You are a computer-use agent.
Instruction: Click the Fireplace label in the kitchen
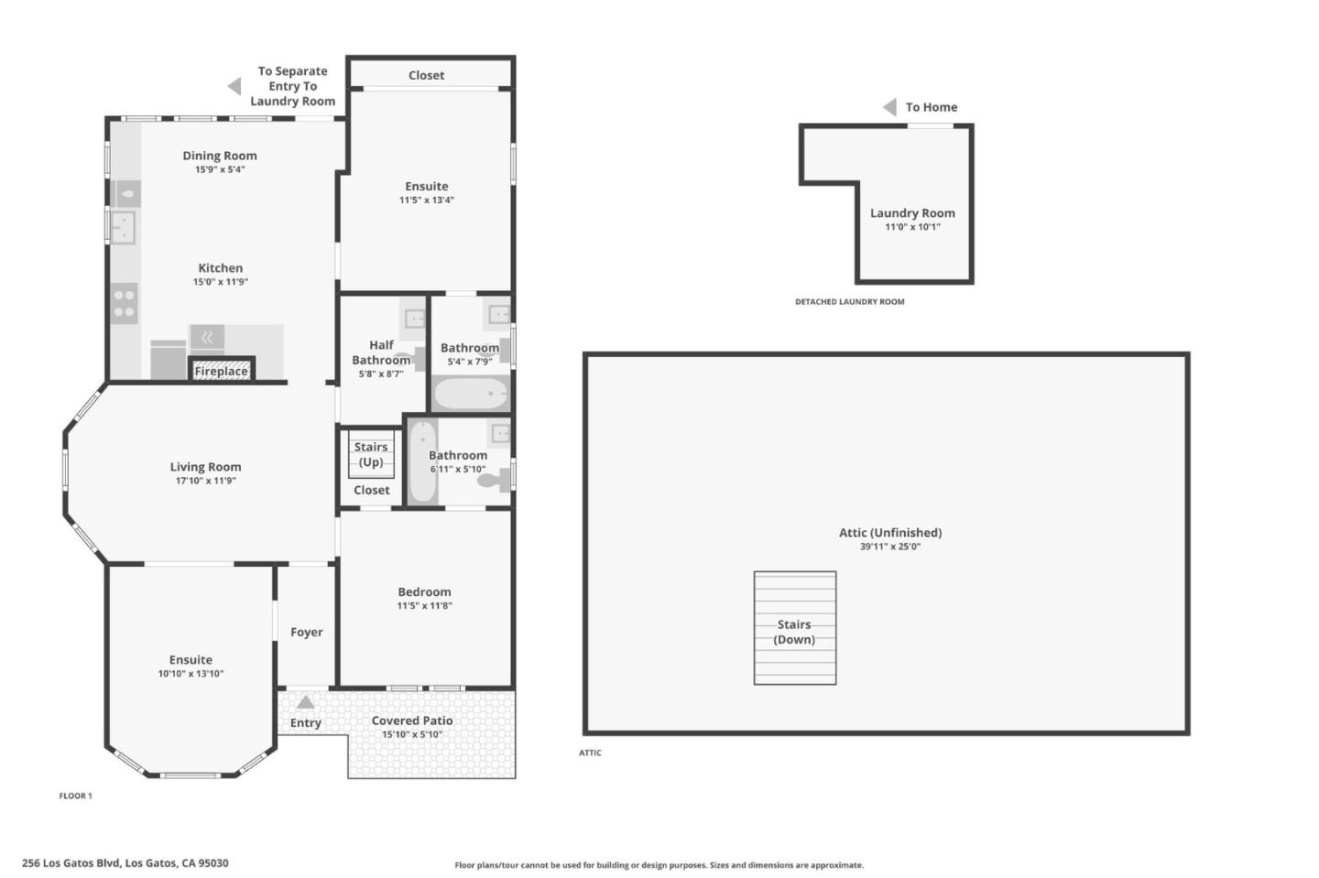(x=221, y=371)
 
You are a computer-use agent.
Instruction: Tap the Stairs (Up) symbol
(x=371, y=454)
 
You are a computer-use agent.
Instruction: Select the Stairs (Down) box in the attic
(x=794, y=628)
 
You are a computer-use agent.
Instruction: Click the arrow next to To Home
(x=889, y=107)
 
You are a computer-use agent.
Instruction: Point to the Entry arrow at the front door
(x=305, y=702)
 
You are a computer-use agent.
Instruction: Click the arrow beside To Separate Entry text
(x=234, y=86)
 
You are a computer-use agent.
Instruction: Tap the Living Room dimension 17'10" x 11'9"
(x=205, y=481)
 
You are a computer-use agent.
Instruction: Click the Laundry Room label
(x=911, y=213)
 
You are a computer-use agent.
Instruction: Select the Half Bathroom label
(x=381, y=352)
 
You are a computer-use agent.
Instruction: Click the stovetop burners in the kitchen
(x=124, y=304)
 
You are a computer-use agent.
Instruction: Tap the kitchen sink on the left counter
(x=123, y=226)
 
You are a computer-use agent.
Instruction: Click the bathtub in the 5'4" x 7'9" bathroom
(x=470, y=395)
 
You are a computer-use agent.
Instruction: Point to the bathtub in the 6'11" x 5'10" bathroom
(x=422, y=461)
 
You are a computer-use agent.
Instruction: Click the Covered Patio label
(x=411, y=721)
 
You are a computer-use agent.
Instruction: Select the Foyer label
(x=306, y=632)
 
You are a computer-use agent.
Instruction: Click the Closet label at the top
(x=426, y=75)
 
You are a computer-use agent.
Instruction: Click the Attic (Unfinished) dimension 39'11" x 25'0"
(x=889, y=547)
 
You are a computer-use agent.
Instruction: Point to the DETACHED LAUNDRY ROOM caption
(x=849, y=301)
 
